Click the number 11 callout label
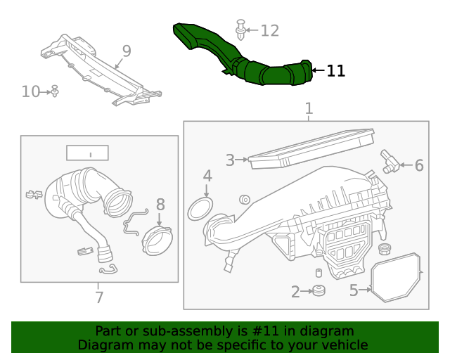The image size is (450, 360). [335, 70]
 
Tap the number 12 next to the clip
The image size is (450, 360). [269, 30]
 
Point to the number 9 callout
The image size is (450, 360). [127, 51]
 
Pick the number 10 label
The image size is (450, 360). [31, 91]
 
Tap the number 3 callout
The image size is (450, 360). [230, 160]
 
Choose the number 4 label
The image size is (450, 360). [207, 176]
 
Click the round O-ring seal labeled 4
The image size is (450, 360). [201, 208]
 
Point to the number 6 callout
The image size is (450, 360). [419, 165]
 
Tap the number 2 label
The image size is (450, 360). [295, 292]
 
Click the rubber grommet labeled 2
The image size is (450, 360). [318, 290]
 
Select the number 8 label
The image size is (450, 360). [160, 205]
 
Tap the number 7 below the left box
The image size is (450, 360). [99, 297]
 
